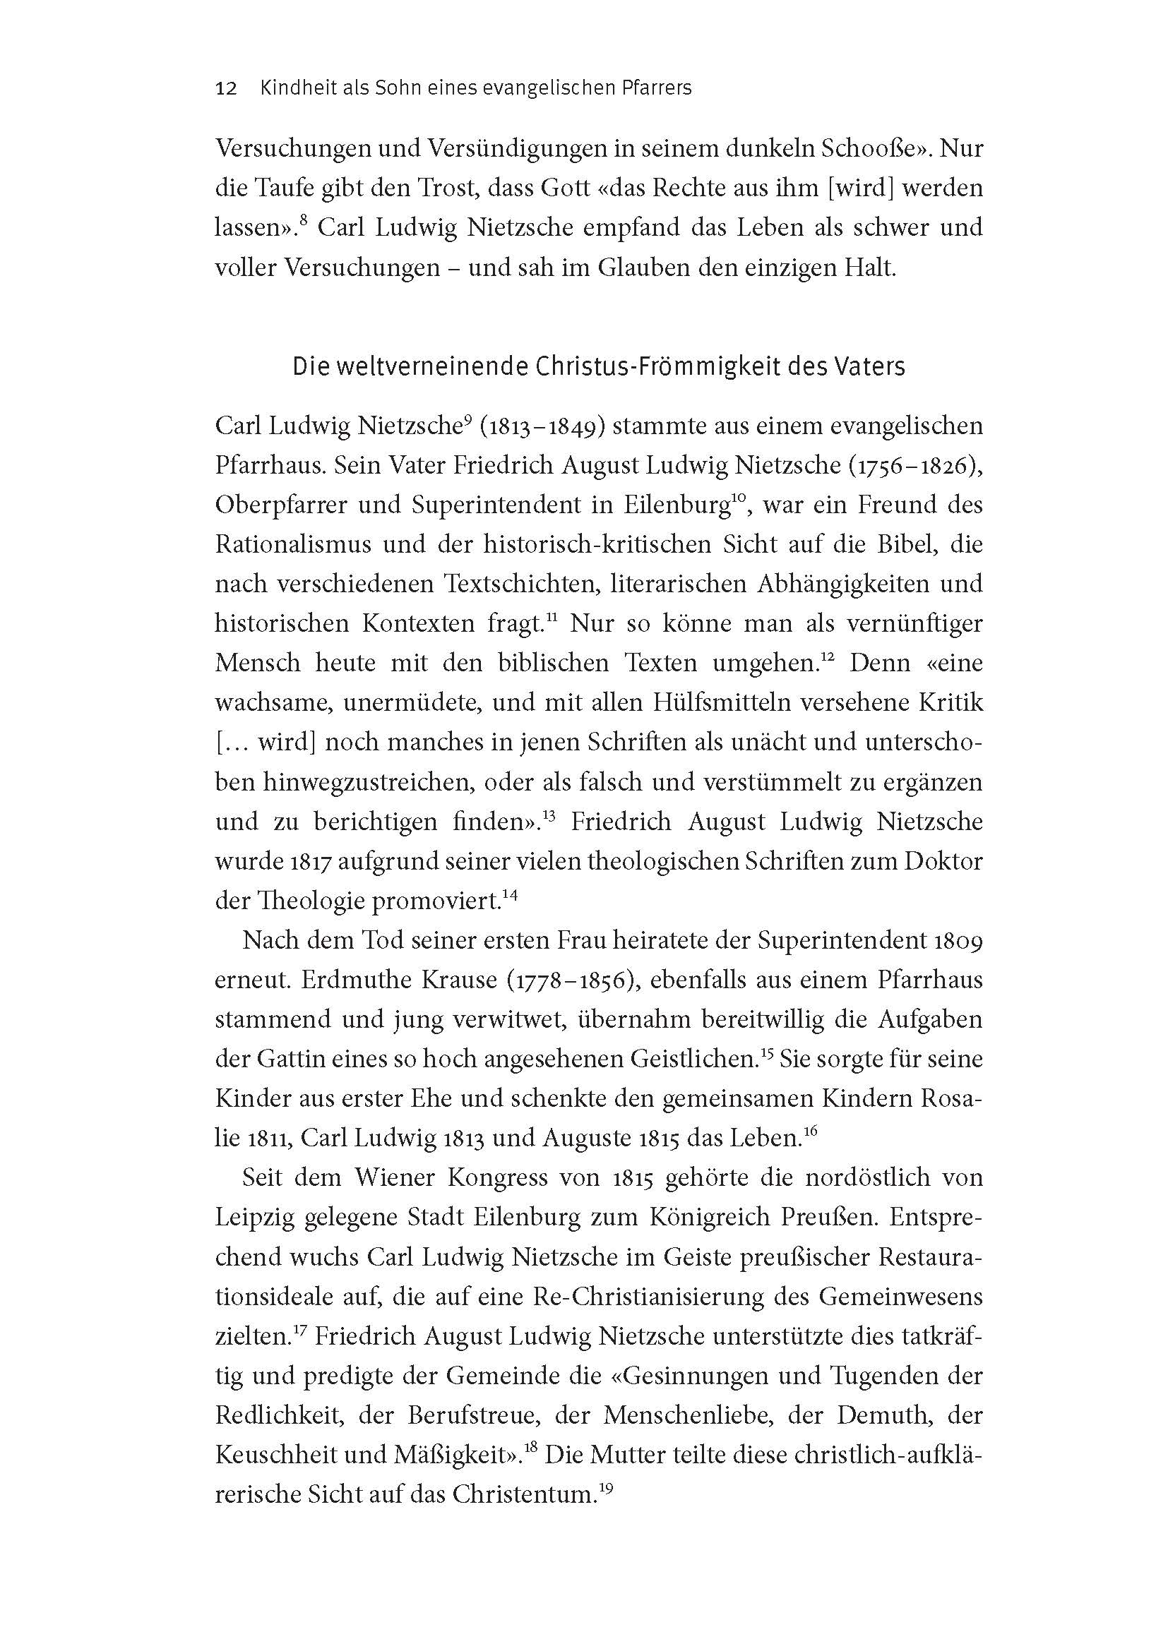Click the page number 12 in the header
226,88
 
